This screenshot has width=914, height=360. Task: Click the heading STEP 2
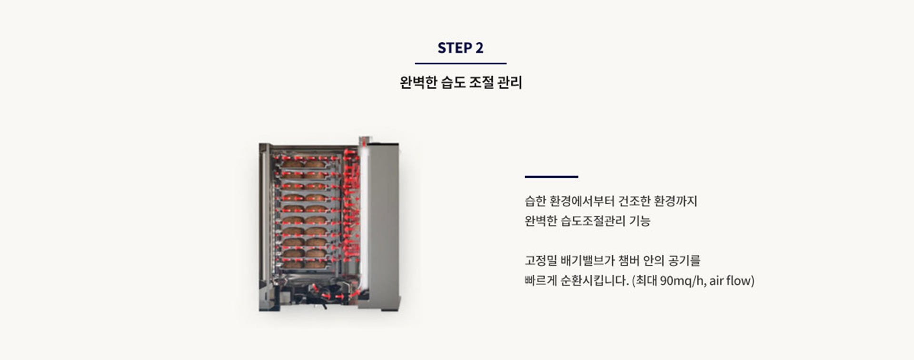pyautogui.click(x=460, y=48)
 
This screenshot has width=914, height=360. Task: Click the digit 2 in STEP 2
pyautogui.click(x=479, y=48)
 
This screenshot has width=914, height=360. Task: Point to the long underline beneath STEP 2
pyautogui.click(x=460, y=63)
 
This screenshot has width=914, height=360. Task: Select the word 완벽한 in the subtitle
pyautogui.click(x=418, y=82)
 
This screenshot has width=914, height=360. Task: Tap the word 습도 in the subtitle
pyautogui.click(x=452, y=82)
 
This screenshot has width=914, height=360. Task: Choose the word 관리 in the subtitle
pyautogui.click(x=509, y=82)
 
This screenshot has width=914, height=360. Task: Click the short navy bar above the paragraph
pyautogui.click(x=551, y=177)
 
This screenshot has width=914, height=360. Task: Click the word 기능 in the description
pyautogui.click(x=640, y=221)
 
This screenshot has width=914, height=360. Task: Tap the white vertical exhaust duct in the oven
pyautogui.click(x=365, y=214)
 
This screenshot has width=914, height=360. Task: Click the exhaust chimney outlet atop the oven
pyautogui.click(x=364, y=141)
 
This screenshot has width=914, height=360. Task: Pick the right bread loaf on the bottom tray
pyautogui.click(x=315, y=264)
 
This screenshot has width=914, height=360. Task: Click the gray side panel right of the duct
pyautogui.click(x=383, y=224)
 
